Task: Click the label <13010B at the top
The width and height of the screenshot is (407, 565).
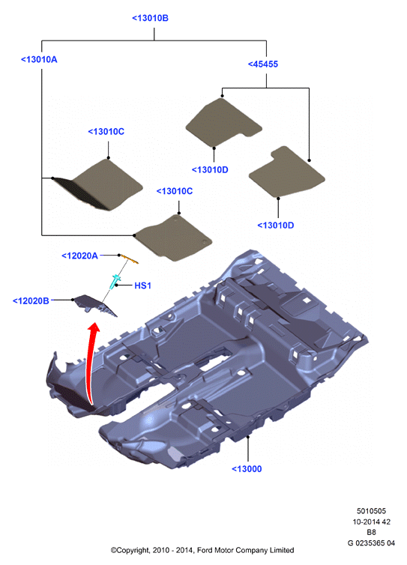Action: tap(150, 18)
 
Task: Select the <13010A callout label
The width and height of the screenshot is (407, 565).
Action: tap(39, 59)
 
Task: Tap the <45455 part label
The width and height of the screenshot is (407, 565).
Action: tap(263, 64)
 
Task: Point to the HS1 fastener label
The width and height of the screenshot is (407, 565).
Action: tap(142, 285)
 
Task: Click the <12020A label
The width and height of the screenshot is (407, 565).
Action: tap(79, 256)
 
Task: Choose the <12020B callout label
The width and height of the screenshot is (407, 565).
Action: tap(31, 301)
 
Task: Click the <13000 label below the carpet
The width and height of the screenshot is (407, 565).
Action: tap(247, 469)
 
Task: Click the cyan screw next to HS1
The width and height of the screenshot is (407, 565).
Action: tap(115, 282)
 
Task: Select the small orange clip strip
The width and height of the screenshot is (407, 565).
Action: tap(130, 259)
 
